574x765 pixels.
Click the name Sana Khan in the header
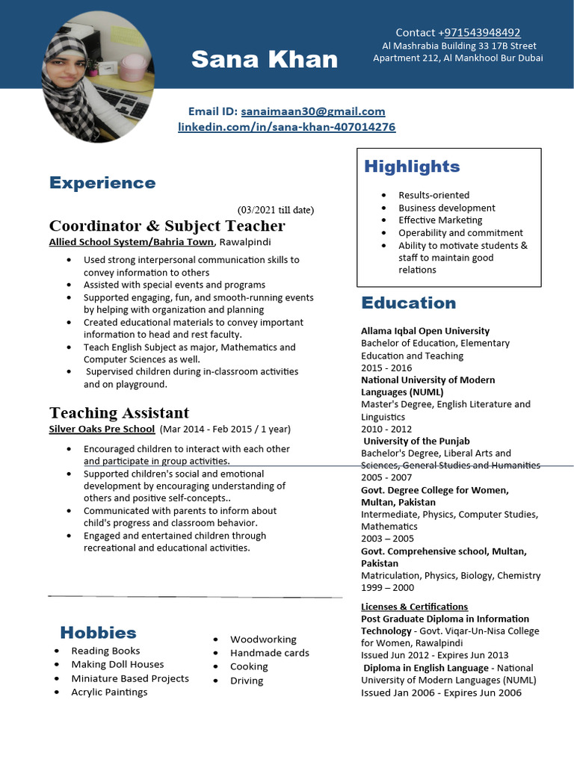(265, 59)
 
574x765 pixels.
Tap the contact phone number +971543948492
(482, 32)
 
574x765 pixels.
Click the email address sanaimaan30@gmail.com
(312, 111)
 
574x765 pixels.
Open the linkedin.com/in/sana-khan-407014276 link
(286, 127)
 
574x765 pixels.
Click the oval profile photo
(98, 76)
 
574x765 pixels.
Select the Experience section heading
(102, 183)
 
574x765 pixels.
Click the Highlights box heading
(412, 167)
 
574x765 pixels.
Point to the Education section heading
(408, 303)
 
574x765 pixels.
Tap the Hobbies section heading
(98, 633)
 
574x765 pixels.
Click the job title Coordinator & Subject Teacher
(167, 226)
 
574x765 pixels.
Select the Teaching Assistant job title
(119, 412)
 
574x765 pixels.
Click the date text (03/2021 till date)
(276, 209)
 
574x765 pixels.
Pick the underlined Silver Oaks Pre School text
(102, 430)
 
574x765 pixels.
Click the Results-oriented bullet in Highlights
(433, 195)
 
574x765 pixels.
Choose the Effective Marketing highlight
(440, 220)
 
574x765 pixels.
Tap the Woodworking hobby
(263, 639)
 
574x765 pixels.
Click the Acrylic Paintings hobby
(109, 693)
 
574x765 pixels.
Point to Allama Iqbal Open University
(425, 331)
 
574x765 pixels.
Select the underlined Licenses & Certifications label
(414, 607)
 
